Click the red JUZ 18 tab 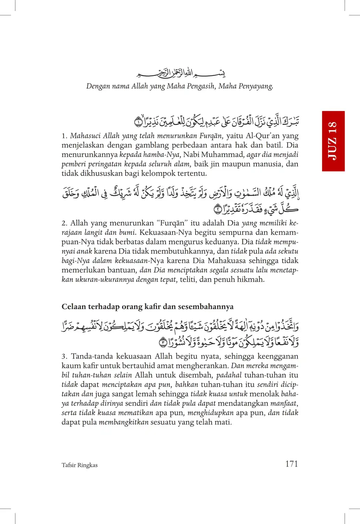click(x=333, y=141)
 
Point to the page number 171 click(x=291, y=464)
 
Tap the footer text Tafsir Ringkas click(x=79, y=465)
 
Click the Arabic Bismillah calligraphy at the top click(x=181, y=74)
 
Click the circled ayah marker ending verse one click(x=138, y=122)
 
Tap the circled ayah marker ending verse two click(x=217, y=209)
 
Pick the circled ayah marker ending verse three click(x=163, y=342)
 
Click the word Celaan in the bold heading click(x=74, y=307)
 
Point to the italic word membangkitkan click(x=124, y=422)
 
